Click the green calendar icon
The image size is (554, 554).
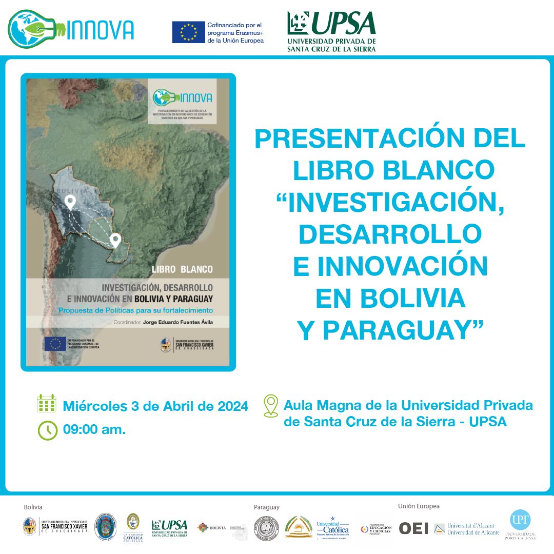[47, 404]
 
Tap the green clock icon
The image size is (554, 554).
[47, 430]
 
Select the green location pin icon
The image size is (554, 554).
[270, 405]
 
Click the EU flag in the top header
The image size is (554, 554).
[188, 33]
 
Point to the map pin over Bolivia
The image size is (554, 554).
[71, 202]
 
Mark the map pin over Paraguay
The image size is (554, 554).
[115, 240]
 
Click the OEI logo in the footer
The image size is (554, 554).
[413, 528]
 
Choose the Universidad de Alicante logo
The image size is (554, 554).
[466, 528]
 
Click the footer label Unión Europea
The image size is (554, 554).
[419, 506]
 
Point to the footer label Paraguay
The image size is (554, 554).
[267, 507]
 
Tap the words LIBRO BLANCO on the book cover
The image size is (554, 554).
[182, 269]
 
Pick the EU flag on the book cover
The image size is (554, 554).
[54, 343]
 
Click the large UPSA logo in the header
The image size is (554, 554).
[331, 31]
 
